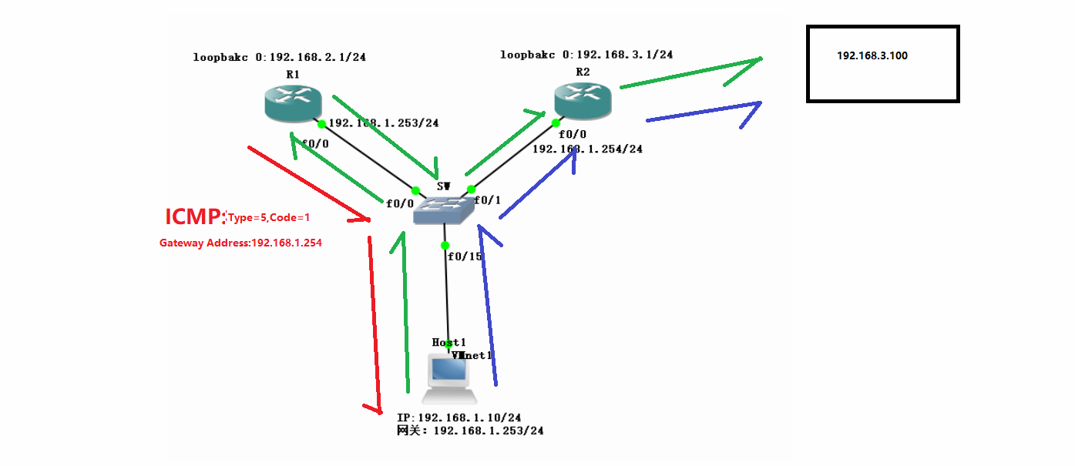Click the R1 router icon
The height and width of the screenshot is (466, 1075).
pos(292,103)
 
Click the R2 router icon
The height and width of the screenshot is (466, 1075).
pos(582,100)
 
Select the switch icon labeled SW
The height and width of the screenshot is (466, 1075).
pos(443,210)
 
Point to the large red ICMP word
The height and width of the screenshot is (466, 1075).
pos(194,217)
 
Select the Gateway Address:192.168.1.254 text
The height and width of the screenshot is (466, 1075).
pos(240,243)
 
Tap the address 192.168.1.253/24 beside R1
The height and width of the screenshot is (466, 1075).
pos(384,123)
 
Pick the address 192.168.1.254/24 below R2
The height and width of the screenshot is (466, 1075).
pos(587,149)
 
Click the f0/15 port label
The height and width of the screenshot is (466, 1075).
pos(465,256)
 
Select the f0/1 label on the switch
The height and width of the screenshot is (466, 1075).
pos(487,200)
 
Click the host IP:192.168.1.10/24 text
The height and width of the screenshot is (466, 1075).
pos(459,417)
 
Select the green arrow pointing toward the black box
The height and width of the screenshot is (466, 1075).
pos(690,73)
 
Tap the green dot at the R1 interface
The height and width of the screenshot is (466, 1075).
pos(321,124)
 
